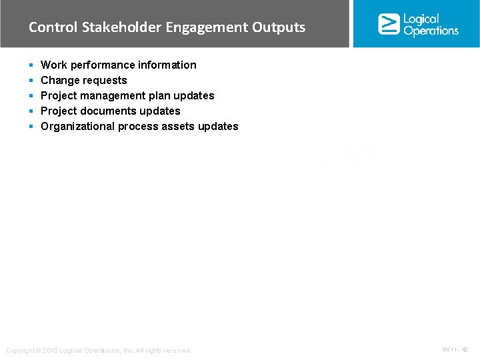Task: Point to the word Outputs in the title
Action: [279, 28]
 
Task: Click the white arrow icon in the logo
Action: [389, 24]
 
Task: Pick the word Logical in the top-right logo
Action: [421, 19]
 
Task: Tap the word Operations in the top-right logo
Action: [431, 31]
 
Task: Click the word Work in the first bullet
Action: [54, 65]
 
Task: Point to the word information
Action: [169, 65]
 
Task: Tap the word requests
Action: [106, 81]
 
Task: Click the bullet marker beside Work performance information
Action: [31, 65]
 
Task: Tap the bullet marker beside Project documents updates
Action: [31, 111]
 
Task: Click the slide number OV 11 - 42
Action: [455, 349]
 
